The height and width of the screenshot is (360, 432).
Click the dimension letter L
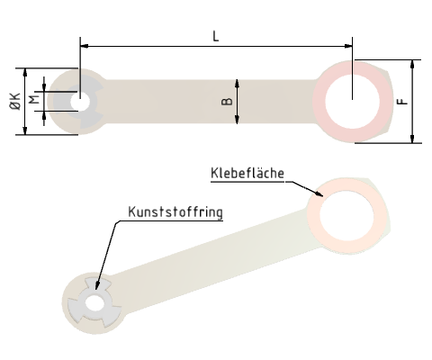click(215, 35)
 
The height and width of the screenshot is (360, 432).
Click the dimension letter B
click(227, 101)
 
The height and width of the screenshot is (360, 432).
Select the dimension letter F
click(402, 101)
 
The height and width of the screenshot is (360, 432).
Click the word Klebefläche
click(247, 173)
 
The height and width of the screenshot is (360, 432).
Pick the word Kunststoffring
click(175, 212)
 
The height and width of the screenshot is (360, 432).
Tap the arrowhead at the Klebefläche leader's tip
click(320, 193)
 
